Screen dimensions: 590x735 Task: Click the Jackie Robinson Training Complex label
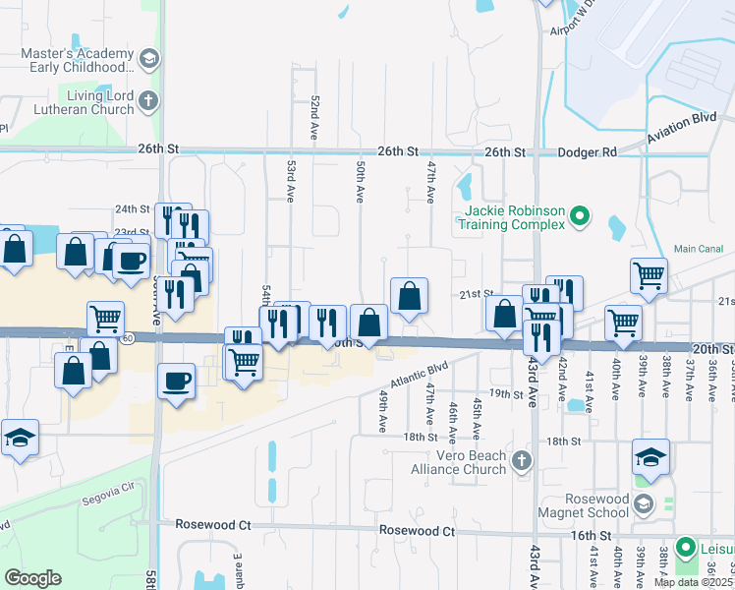click(x=510, y=216)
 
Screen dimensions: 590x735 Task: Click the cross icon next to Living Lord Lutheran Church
click(x=148, y=100)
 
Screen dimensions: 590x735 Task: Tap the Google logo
click(x=32, y=577)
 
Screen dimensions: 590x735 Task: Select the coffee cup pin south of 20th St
click(x=176, y=382)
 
